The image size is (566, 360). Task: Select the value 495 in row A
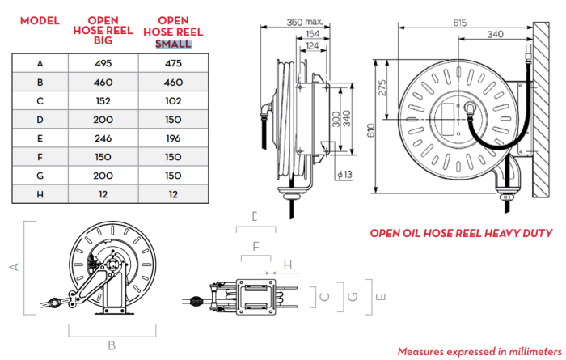pyautogui.click(x=102, y=62)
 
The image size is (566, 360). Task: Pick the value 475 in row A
pyautogui.click(x=173, y=62)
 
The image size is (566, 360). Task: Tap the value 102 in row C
pyautogui.click(x=173, y=101)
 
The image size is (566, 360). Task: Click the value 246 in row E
pyautogui.click(x=102, y=138)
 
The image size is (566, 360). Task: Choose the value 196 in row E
pyautogui.click(x=173, y=138)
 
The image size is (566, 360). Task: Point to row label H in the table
pyautogui.click(x=40, y=195)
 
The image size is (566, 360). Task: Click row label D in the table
pyautogui.click(x=40, y=120)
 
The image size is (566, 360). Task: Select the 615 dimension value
pyautogui.click(x=459, y=23)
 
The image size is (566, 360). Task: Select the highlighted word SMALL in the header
pyautogui.click(x=174, y=43)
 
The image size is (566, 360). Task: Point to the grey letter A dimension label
pyautogui.click(x=13, y=265)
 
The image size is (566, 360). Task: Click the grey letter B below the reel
pyautogui.click(x=112, y=345)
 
